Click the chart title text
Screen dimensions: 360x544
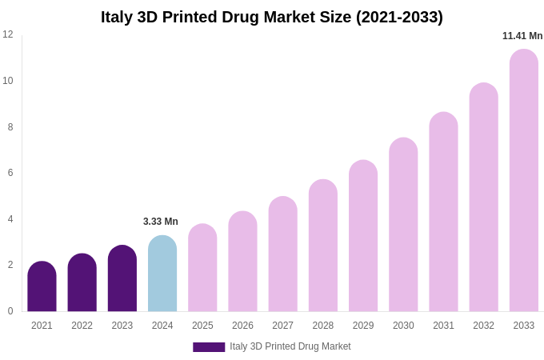271,17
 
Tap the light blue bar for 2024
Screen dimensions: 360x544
162,274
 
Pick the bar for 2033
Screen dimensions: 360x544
523,181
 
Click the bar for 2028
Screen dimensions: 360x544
323,246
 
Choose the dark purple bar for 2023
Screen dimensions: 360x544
122,278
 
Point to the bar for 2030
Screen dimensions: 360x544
403,225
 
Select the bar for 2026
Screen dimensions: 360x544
242,262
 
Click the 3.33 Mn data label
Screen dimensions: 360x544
161,222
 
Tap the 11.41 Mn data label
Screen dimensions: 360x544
522,36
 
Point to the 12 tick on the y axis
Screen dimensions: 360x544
8,34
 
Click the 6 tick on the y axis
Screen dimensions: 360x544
10,173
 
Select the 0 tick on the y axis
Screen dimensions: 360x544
10,311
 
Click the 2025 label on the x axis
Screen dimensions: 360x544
202,326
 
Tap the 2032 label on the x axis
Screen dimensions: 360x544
483,326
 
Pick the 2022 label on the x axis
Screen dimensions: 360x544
82,326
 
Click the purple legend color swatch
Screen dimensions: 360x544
209,347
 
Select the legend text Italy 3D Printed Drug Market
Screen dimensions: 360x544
290,346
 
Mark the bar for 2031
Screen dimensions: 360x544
443,212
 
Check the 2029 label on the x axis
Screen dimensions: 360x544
363,326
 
